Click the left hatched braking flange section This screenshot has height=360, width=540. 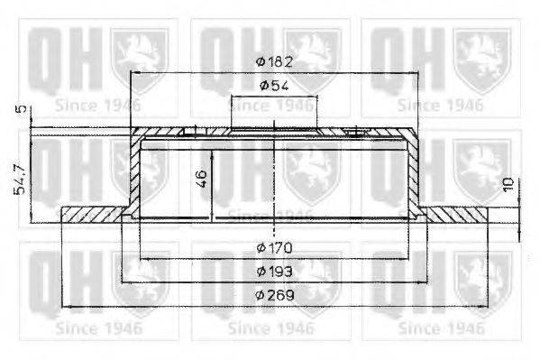pos(93,216)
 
